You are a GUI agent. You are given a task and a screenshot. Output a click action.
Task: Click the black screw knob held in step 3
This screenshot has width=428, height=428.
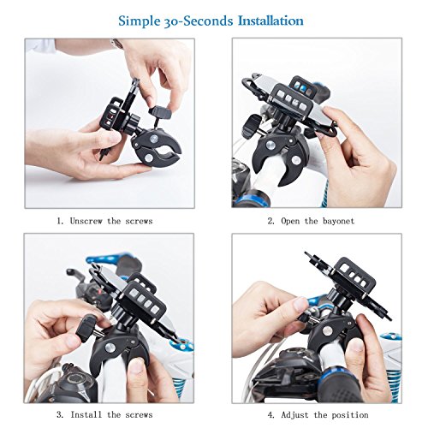click(88, 324)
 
